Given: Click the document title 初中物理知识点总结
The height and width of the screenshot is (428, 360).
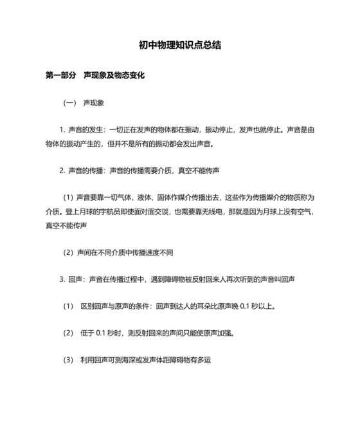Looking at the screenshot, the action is click(180, 46).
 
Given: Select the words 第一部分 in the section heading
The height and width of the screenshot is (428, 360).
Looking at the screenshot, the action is click(61, 75).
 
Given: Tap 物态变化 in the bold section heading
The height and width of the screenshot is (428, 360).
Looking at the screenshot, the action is click(131, 75).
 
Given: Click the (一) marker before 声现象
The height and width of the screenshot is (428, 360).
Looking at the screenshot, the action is click(69, 102).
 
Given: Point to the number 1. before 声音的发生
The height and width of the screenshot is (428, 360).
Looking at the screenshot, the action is click(62, 129).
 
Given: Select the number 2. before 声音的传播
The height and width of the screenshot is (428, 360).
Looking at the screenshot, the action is click(62, 171).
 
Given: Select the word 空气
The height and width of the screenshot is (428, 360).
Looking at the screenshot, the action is click(300, 212).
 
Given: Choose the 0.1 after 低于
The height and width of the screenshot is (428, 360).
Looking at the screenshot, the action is click(101, 333).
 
